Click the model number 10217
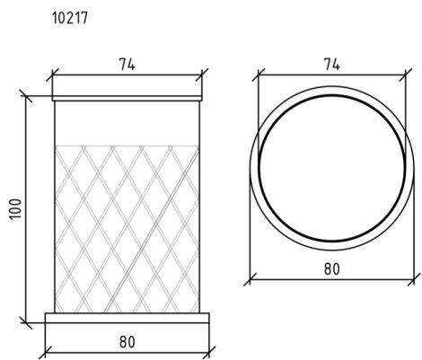(70, 18)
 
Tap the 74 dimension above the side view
(127, 64)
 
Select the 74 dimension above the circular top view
(331, 64)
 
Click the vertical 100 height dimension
(16, 209)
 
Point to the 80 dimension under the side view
(127, 342)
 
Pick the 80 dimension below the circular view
(332, 268)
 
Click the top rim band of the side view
(127, 98)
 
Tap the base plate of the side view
(127, 318)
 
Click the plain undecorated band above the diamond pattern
(127, 123)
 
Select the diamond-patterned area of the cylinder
(127, 229)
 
